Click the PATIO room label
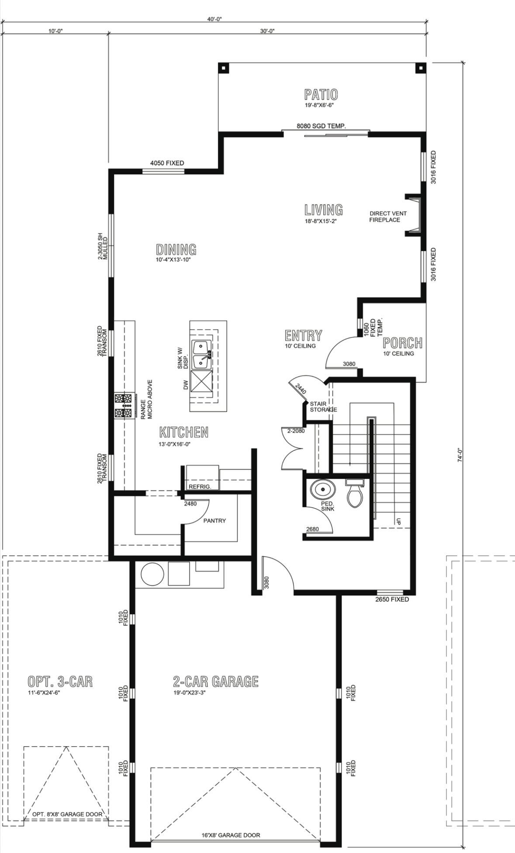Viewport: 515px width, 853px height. click(x=321, y=94)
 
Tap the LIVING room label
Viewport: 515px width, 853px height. click(x=323, y=210)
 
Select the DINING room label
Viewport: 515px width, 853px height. click(x=176, y=250)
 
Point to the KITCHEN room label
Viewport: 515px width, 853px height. click(x=183, y=432)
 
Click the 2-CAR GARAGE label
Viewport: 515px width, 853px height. click(x=216, y=681)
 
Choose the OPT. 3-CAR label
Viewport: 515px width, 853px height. click(x=60, y=681)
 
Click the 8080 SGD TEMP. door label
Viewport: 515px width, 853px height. click(x=321, y=126)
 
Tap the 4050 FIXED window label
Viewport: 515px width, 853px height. click(x=167, y=163)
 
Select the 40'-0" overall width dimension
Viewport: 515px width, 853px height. click(x=214, y=19)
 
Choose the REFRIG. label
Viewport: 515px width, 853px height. click(x=200, y=487)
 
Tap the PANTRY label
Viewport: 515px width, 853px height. click(x=214, y=521)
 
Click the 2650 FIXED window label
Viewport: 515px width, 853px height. click(x=392, y=599)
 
